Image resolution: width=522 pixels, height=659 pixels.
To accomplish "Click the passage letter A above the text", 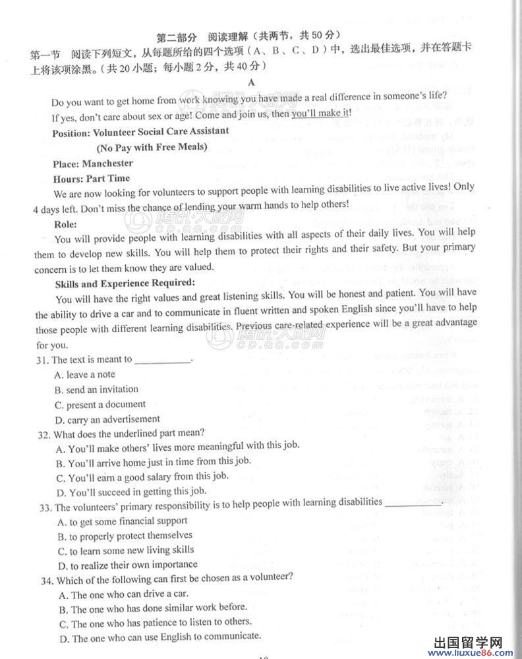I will click(x=250, y=82).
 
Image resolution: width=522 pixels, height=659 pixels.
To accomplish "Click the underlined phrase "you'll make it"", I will click(x=320, y=113).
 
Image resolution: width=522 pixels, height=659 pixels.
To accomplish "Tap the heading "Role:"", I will click(x=65, y=224).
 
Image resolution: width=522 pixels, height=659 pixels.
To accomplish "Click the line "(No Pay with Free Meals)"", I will click(x=152, y=146).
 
